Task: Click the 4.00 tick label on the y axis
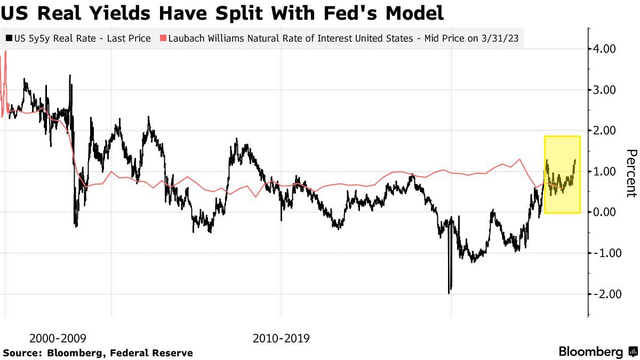(x=605, y=49)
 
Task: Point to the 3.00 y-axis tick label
(x=605, y=90)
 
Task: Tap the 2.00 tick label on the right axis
(x=605, y=131)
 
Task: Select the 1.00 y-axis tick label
(x=605, y=171)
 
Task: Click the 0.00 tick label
(x=605, y=212)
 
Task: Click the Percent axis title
(x=631, y=173)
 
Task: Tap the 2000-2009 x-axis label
(x=58, y=338)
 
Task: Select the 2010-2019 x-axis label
(x=281, y=338)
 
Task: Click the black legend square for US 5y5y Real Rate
(x=9, y=38)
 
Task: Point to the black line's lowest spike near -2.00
(x=449, y=292)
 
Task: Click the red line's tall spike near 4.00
(x=5, y=52)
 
